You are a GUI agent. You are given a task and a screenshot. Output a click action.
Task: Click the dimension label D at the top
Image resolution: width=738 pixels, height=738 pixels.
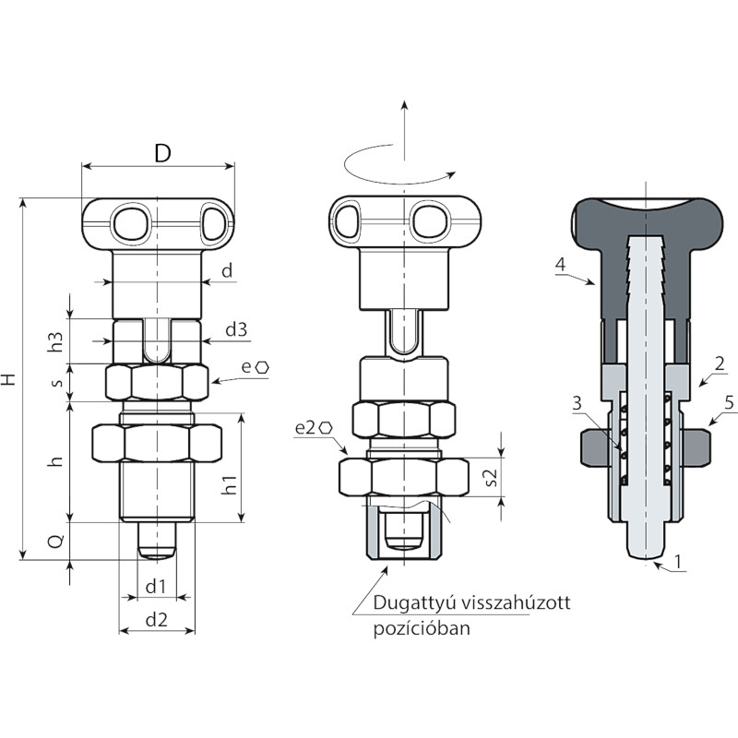[162, 153]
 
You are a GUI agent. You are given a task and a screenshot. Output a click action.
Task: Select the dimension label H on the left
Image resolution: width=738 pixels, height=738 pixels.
[9, 379]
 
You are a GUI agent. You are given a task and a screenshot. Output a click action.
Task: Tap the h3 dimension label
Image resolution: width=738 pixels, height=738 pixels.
[56, 341]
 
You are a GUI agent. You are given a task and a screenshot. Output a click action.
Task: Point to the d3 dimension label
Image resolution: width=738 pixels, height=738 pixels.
[236, 329]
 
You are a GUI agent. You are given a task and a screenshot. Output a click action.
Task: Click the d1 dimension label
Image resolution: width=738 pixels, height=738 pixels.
[156, 587]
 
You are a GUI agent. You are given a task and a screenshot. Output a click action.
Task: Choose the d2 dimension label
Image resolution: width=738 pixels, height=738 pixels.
[156, 620]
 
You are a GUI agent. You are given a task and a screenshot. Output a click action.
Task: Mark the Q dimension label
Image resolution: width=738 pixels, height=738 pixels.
[56, 542]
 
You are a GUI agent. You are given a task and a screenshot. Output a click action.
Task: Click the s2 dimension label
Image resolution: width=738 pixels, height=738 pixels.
[490, 477]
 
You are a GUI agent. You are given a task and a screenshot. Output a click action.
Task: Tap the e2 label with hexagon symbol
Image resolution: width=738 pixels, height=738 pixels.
[314, 428]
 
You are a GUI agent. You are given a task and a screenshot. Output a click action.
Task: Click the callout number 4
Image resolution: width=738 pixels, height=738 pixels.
[560, 264]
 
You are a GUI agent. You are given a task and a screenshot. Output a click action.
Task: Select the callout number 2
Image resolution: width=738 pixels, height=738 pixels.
[720, 363]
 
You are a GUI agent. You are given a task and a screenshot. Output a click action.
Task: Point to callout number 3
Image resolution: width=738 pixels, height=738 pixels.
[577, 403]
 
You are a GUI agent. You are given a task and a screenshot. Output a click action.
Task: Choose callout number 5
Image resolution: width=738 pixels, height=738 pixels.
[729, 403]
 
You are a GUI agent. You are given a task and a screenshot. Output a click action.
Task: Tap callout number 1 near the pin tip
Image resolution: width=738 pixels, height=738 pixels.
[678, 561]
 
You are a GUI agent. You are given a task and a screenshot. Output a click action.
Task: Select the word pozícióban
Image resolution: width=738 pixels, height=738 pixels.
[422, 628]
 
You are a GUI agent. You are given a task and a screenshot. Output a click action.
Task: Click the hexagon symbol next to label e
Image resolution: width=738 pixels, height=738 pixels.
[262, 367]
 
